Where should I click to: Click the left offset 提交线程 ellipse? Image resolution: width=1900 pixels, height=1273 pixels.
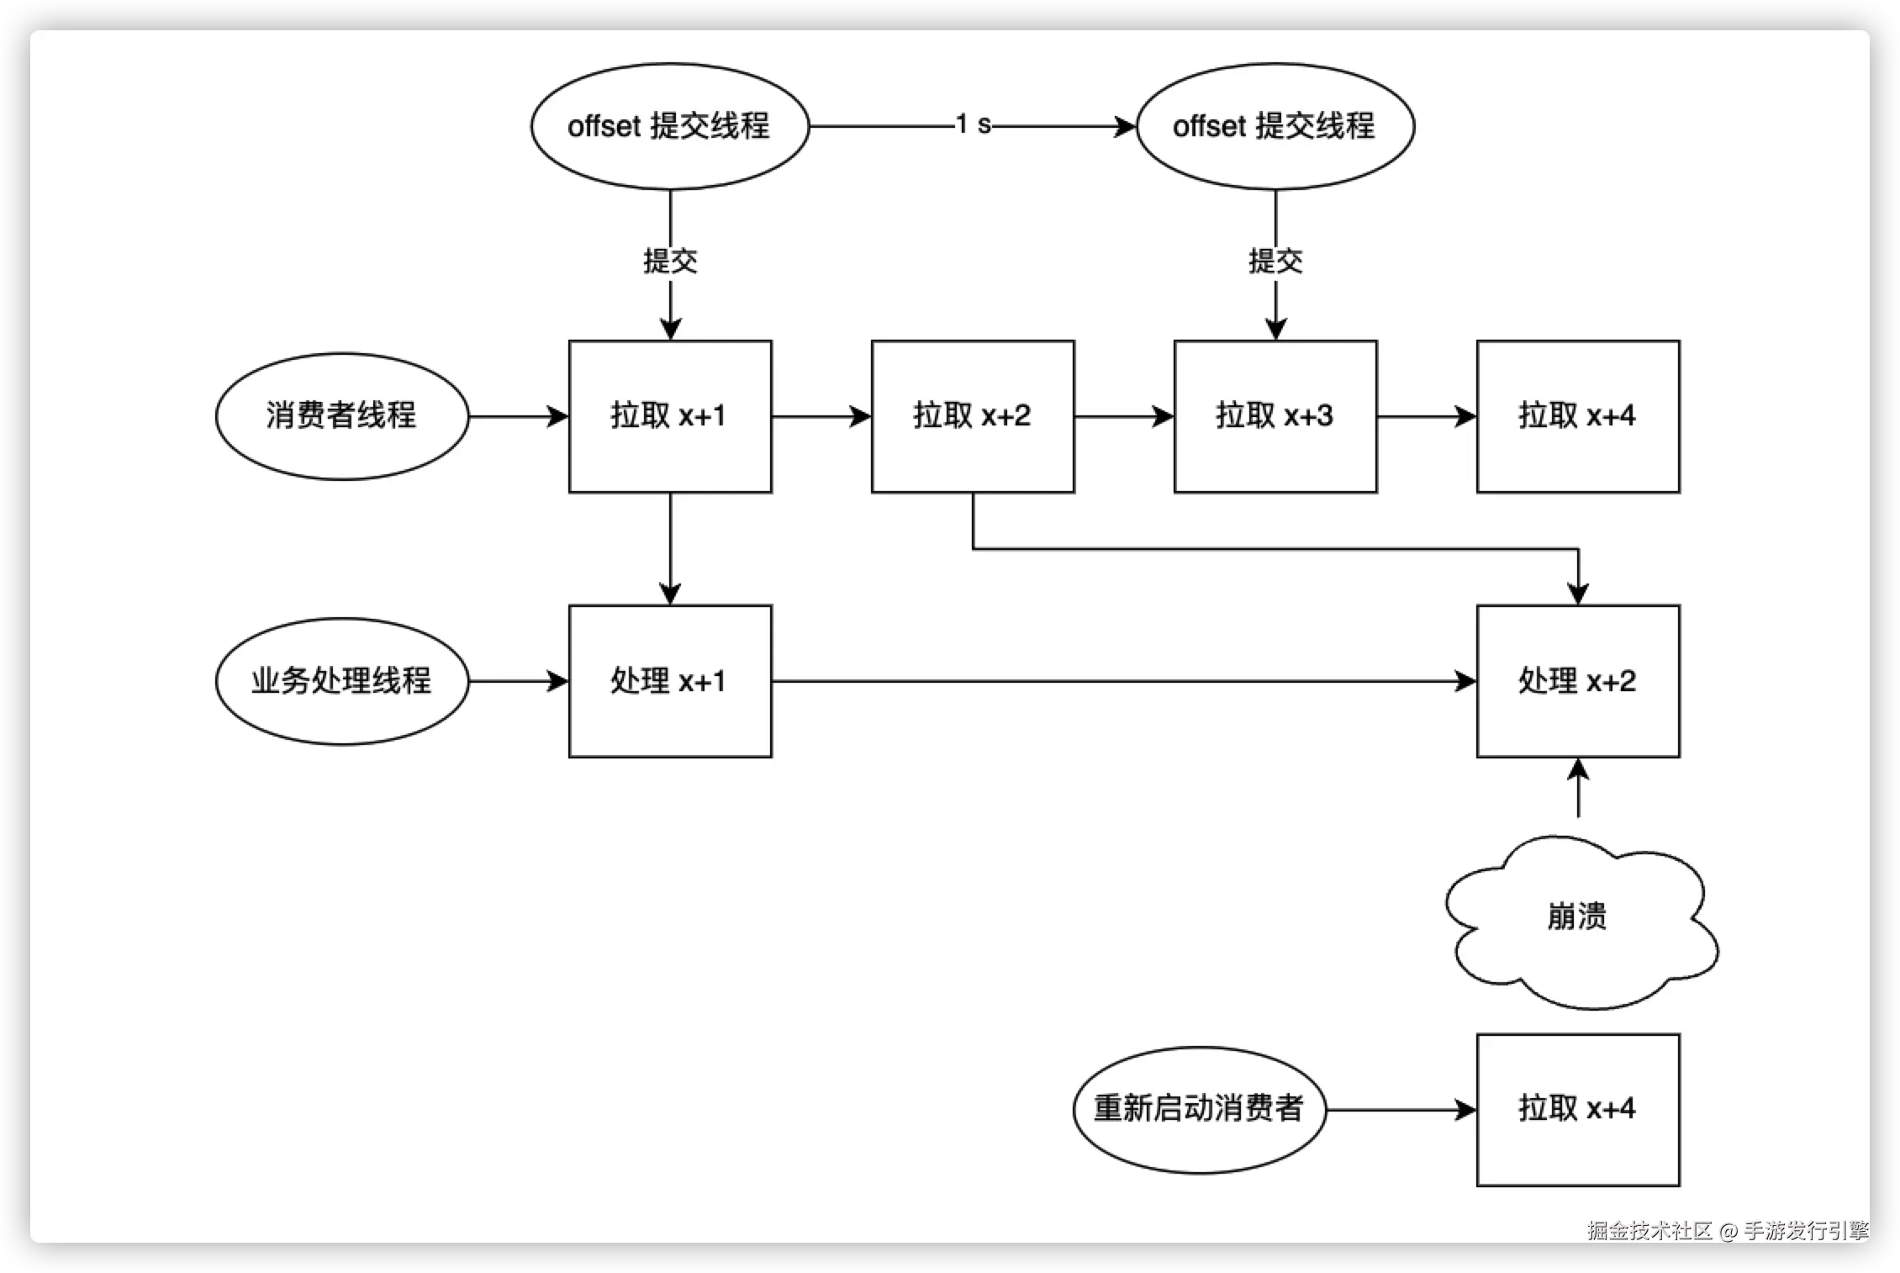pos(669,126)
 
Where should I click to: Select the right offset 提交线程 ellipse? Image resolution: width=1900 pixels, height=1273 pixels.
pos(1275,126)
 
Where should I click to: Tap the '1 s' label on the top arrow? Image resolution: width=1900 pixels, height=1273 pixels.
pos(973,125)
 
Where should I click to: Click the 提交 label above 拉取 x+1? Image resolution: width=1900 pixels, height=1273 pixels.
pos(670,261)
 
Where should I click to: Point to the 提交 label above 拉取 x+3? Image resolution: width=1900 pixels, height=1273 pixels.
pos(1275,261)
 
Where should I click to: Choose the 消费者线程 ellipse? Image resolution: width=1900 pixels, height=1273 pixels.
pos(341,416)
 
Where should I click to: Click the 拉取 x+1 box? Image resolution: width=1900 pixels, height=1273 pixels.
pos(670,416)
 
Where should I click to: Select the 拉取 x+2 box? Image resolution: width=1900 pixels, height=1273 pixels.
pos(973,416)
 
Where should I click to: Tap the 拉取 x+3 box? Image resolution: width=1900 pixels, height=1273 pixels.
pos(1275,416)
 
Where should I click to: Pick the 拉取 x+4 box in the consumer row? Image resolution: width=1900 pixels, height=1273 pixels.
pos(1578,416)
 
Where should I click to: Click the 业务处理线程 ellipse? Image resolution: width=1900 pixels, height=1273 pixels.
pos(341,681)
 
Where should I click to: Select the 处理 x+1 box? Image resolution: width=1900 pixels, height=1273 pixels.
pos(670,681)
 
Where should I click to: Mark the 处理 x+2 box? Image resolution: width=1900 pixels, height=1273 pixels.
pos(1578,681)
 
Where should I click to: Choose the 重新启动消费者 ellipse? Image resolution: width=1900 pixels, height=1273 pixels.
pos(1199,1109)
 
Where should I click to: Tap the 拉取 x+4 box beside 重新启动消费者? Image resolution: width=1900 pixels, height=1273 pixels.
pos(1578,1109)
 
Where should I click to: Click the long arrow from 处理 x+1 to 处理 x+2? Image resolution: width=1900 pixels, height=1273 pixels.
pos(1118,681)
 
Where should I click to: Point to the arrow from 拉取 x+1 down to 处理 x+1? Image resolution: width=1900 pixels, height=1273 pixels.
pos(670,547)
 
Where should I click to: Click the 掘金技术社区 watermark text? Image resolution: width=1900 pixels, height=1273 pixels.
pos(1649,1231)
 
